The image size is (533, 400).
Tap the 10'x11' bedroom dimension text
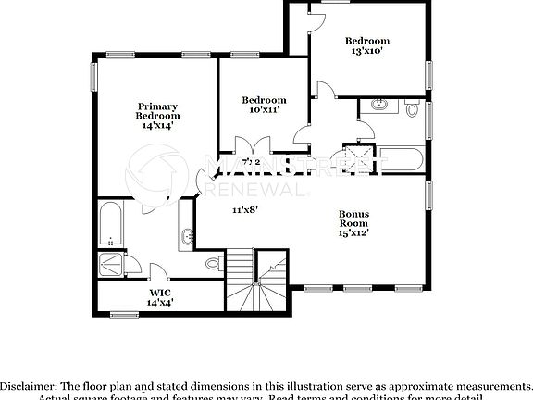(264, 110)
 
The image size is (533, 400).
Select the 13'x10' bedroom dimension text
(367, 51)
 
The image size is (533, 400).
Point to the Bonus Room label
(353, 219)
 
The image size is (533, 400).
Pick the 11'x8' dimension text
(243, 209)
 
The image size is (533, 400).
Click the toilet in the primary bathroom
(213, 264)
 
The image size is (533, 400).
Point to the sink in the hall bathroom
(378, 106)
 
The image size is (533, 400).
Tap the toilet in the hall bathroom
(414, 109)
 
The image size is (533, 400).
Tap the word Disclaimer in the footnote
(30, 385)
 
